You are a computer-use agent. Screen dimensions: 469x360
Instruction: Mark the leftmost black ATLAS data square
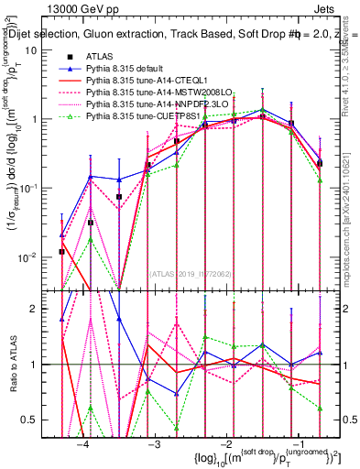[61, 251]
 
